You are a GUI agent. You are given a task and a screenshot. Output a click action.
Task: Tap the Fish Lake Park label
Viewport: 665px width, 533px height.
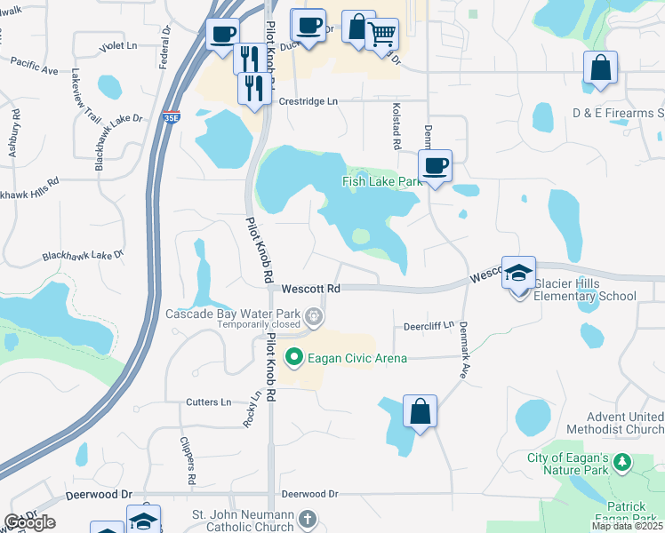coord(381,181)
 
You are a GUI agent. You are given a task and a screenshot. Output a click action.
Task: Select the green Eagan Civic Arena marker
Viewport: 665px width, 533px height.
coord(294,358)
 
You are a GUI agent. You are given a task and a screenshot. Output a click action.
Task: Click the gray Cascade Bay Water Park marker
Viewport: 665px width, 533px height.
coord(312,314)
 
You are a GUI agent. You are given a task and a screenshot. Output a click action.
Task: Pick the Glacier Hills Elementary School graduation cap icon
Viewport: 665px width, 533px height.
coord(519,274)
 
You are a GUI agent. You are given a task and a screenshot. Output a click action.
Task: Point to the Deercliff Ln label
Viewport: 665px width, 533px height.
coord(429,326)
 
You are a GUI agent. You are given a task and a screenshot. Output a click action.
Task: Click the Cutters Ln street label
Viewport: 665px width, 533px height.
coord(208,402)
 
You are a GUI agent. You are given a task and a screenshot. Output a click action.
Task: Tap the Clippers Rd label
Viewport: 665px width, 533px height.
coord(188,461)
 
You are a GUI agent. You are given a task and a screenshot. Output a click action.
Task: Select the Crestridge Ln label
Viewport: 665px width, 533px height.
coord(309,101)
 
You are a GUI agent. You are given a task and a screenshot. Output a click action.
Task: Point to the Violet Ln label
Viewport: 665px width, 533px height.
coord(119,44)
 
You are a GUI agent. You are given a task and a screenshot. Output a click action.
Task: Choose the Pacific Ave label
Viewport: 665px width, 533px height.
coord(35,64)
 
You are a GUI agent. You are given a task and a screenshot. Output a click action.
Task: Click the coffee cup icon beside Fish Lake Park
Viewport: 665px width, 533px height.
coord(435,166)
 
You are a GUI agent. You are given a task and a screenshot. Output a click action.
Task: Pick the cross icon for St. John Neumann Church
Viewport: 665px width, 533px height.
coord(307,518)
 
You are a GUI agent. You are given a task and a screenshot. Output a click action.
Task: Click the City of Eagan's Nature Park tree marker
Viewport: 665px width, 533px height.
coord(622,461)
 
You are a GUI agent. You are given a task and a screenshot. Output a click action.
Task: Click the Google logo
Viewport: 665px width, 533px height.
coord(29,522)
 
